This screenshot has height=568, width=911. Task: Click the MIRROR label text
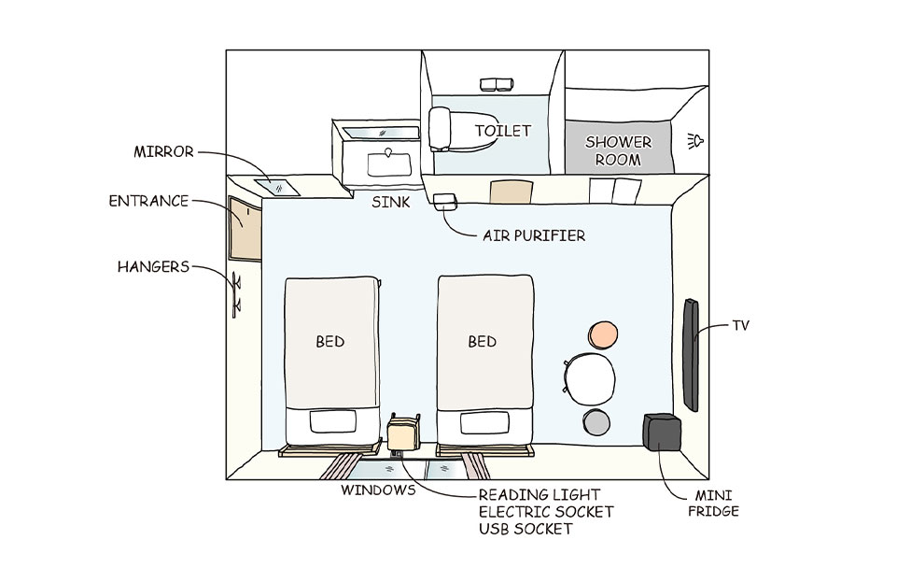click(163, 151)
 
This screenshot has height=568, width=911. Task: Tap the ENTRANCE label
click(148, 201)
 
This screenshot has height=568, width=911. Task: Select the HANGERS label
click(153, 267)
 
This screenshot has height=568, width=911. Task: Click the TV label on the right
click(740, 326)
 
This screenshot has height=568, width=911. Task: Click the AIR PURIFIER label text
click(534, 235)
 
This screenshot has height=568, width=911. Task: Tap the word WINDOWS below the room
click(377, 490)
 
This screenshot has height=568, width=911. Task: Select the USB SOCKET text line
click(526, 529)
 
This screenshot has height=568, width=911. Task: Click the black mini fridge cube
click(662, 433)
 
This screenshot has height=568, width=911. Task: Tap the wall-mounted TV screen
click(691, 354)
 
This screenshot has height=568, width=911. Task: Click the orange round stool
click(603, 334)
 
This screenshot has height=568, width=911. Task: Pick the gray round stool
click(596, 422)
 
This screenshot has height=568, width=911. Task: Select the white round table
click(593, 378)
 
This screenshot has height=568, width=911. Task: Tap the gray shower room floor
click(618, 149)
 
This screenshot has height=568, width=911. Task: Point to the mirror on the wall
click(278, 186)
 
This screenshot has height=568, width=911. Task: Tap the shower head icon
click(694, 141)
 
